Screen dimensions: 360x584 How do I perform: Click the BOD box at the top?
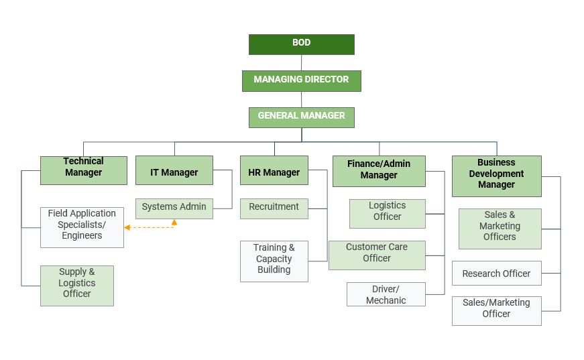tap(301, 44)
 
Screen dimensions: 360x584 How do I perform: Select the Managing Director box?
tap(301, 80)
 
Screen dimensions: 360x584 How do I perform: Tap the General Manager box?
tap(301, 117)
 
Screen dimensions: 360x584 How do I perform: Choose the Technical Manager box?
tap(83, 170)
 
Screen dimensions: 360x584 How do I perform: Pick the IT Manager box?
tap(174, 170)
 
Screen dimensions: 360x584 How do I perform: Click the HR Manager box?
tap(274, 170)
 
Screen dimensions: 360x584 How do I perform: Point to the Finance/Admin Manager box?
tap(379, 170)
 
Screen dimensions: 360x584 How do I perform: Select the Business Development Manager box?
tap(496, 176)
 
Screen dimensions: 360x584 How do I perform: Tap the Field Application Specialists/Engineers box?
tap(82, 227)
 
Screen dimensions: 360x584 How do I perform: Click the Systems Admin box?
tap(174, 208)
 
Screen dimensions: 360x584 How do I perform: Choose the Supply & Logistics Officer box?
tap(76, 286)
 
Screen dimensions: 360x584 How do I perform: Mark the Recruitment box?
tap(274, 208)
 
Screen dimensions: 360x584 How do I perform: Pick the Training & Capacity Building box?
tap(274, 261)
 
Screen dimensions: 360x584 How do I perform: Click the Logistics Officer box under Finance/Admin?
tap(387, 213)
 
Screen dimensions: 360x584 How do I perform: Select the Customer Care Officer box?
tap(377, 255)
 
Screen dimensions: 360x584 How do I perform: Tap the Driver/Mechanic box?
tap(386, 294)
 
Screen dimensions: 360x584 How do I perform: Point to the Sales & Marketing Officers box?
tap(500, 229)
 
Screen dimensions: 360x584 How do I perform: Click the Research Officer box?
tap(496, 273)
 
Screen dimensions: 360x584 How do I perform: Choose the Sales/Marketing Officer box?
tap(496, 310)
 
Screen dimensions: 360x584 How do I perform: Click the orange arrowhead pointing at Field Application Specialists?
tap(127, 227)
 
